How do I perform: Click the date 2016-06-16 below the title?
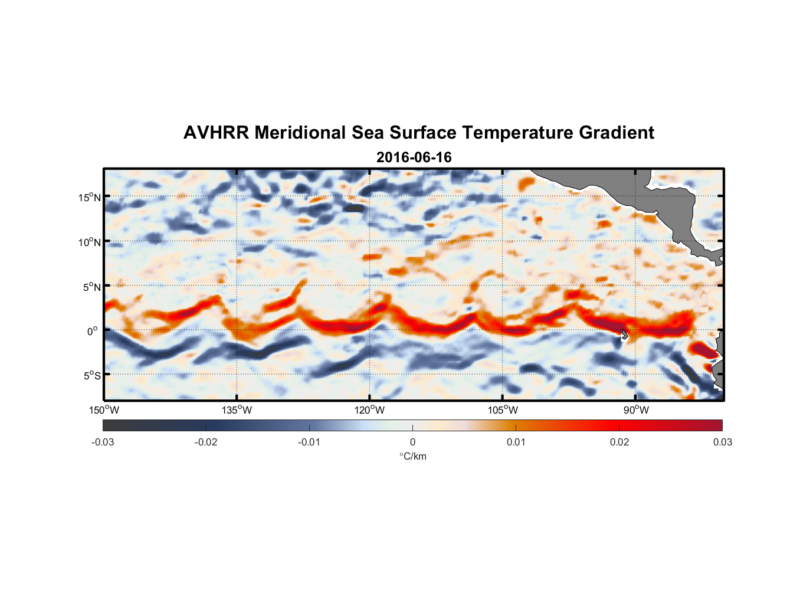(414, 158)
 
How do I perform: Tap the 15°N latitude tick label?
(90, 197)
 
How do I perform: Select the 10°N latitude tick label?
(90, 242)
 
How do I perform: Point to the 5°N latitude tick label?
(91, 287)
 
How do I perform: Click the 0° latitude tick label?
(93, 331)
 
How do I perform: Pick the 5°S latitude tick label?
(91, 376)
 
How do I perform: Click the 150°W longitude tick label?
(104, 410)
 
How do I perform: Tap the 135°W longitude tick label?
(237, 410)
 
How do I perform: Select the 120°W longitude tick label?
(369, 410)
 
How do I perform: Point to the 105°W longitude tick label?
(503, 410)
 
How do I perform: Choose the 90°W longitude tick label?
(636, 410)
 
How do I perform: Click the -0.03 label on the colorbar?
(103, 442)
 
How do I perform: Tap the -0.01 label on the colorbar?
(309, 442)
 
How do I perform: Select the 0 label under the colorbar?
(412, 442)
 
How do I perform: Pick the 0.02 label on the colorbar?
(619, 442)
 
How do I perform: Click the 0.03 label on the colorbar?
(722, 442)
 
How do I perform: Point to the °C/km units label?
(412, 456)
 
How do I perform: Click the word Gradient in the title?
(617, 133)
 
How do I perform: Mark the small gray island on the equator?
(625, 335)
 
